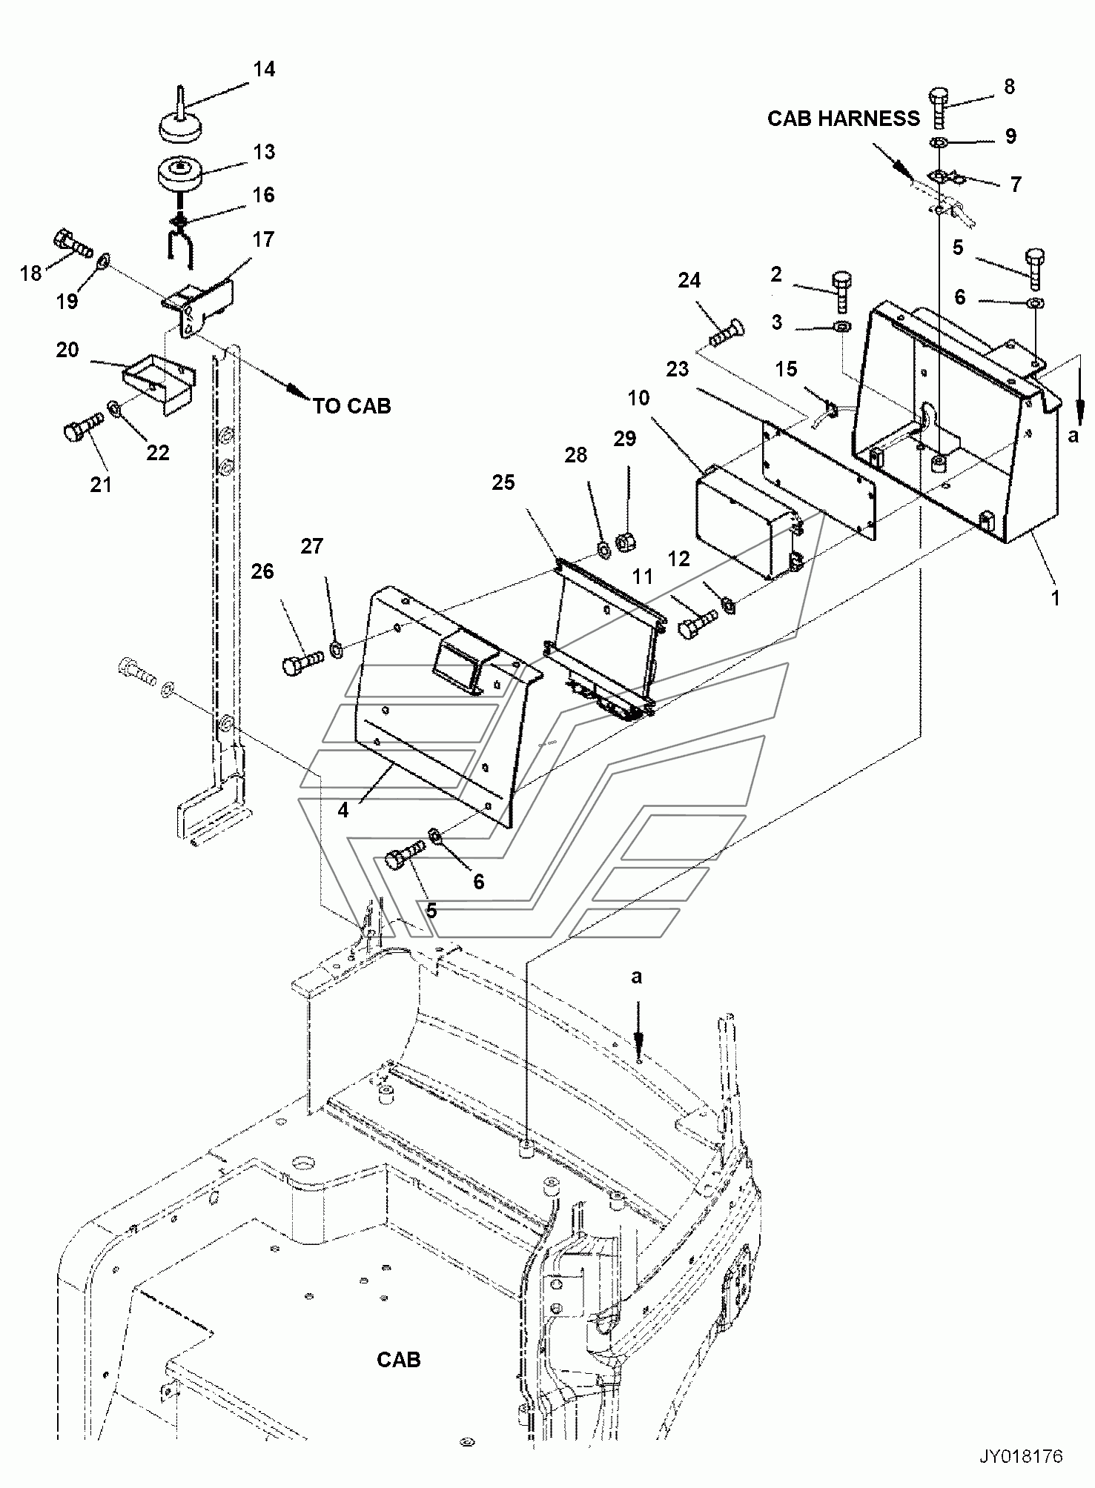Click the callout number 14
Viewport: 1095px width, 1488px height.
click(264, 69)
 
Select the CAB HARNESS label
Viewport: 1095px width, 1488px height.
click(843, 119)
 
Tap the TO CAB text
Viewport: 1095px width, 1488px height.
click(351, 406)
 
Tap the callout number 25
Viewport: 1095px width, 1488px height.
click(503, 482)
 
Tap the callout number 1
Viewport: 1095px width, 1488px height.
click(1056, 597)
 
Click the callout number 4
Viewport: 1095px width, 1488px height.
click(343, 810)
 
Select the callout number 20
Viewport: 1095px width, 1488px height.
click(67, 350)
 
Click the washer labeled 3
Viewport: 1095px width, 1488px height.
click(842, 327)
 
